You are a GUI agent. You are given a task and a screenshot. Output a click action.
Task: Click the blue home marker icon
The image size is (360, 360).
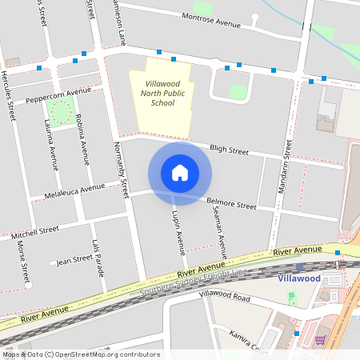point(180,173)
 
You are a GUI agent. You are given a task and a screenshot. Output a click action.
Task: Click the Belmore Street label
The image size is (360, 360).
point(230,205)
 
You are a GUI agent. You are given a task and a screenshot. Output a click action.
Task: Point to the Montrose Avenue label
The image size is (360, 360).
point(211,21)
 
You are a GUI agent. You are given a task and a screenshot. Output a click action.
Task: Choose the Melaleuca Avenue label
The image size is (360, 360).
point(74,191)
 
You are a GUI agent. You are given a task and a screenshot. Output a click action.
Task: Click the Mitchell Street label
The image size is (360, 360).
point(35,232)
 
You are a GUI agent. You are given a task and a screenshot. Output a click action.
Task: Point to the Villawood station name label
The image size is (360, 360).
point(299,278)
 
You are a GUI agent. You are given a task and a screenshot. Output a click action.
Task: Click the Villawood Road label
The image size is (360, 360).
point(225,297)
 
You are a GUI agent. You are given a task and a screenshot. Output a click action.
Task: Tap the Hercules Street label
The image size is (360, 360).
point(9,94)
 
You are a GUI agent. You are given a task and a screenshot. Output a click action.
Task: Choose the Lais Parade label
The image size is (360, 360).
point(98,258)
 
